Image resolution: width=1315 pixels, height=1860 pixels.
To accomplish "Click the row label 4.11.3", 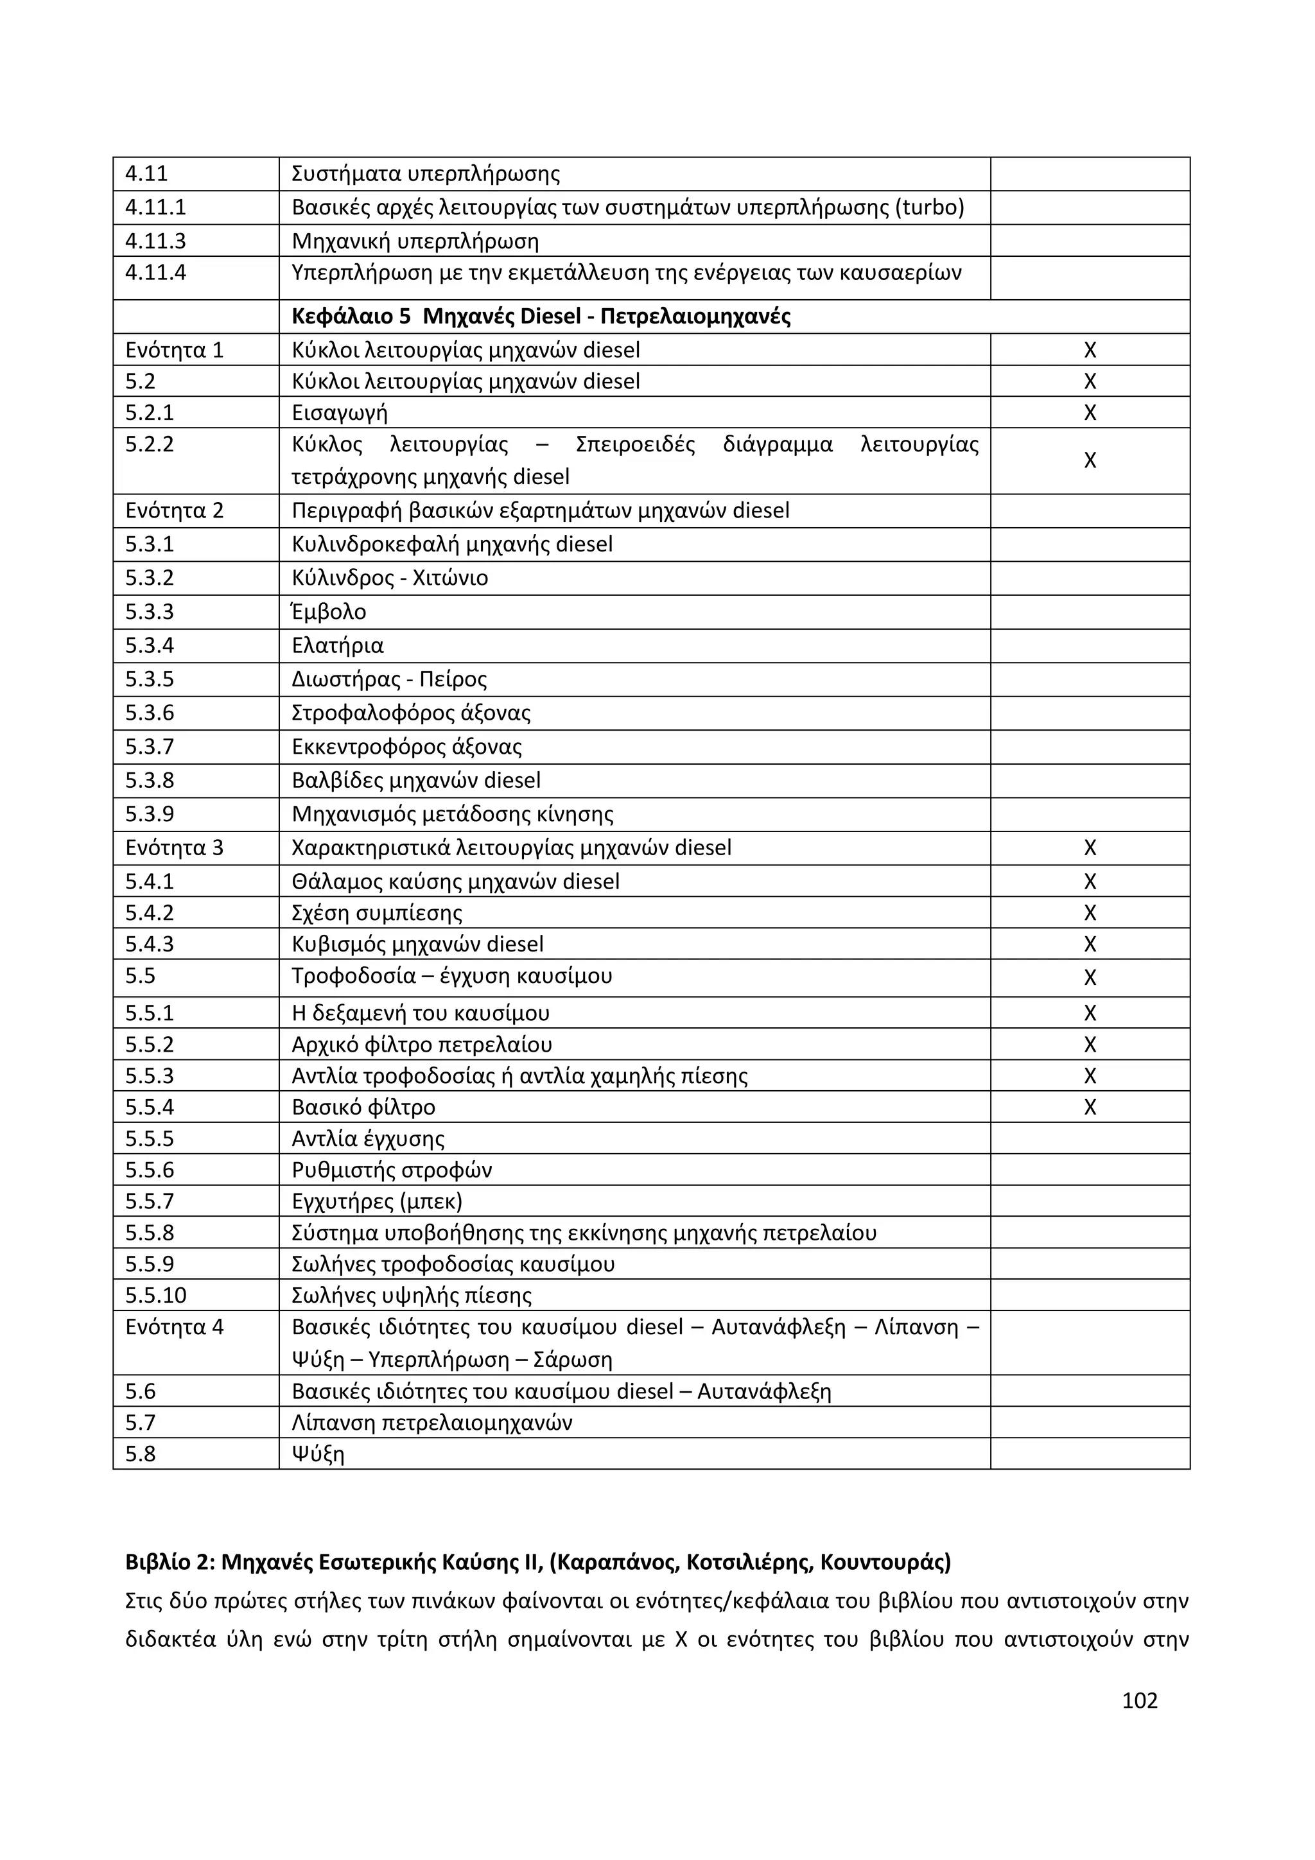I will coord(155,241).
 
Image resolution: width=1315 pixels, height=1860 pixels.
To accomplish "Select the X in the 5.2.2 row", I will coord(1090,460).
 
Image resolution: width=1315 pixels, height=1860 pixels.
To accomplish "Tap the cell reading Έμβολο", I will coord(329,613).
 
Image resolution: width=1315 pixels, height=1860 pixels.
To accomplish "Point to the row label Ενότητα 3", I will coord(174,848).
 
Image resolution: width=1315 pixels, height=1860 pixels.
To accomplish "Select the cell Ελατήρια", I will coord(337,646).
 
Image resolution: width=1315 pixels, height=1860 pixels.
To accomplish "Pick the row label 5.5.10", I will coord(155,1296).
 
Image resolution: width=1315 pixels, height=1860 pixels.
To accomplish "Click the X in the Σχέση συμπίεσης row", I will coord(1090,914).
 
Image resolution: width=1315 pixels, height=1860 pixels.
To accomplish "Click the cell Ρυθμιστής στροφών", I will coord(391,1170).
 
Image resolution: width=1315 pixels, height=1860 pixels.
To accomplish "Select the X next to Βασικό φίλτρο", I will coord(1090,1108).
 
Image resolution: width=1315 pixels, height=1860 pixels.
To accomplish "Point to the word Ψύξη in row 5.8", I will coord(318,1454).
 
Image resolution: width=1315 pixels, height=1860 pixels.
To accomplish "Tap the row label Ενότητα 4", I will coord(174,1328).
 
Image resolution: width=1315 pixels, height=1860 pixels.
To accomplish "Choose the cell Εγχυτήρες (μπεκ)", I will coord(377,1201).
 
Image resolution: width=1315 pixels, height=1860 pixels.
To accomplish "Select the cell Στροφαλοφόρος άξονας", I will coord(411,714).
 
